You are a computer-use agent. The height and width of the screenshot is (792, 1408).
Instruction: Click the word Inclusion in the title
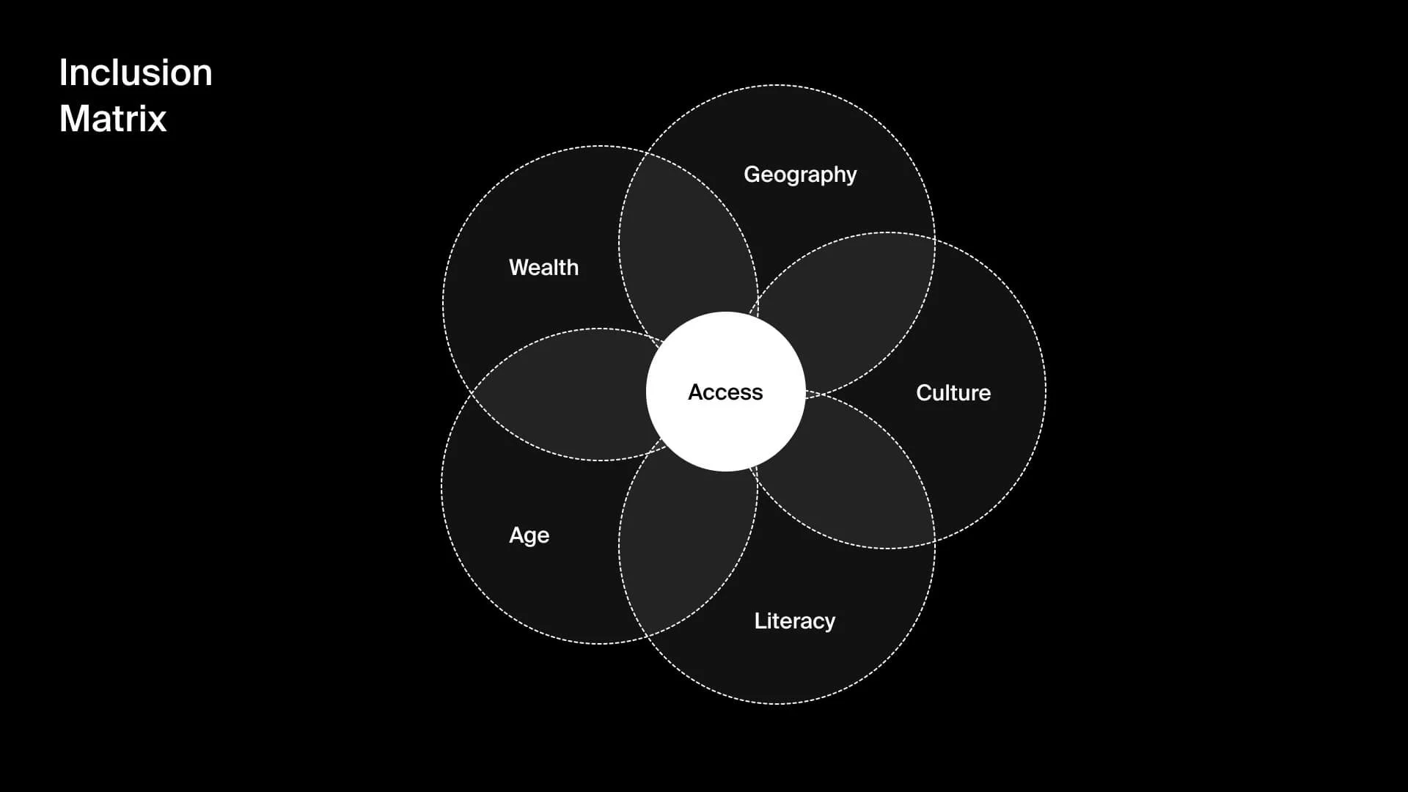136,73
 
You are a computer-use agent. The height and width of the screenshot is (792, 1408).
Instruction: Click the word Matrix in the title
113,118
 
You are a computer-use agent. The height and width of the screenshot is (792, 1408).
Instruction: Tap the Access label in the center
725,392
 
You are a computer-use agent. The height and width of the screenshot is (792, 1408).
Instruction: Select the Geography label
800,175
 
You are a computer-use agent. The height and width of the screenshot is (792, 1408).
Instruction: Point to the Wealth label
543,268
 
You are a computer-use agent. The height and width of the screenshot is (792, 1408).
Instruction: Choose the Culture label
953,393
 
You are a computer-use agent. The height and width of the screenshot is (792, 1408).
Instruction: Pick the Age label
529,535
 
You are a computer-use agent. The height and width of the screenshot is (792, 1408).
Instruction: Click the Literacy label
795,621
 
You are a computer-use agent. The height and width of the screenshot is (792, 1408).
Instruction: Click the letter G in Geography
752,175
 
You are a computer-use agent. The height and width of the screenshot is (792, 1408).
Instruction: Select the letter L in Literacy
760,621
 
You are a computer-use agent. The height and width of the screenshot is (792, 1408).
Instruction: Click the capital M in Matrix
73,118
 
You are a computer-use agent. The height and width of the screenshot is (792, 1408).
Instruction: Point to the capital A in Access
696,392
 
